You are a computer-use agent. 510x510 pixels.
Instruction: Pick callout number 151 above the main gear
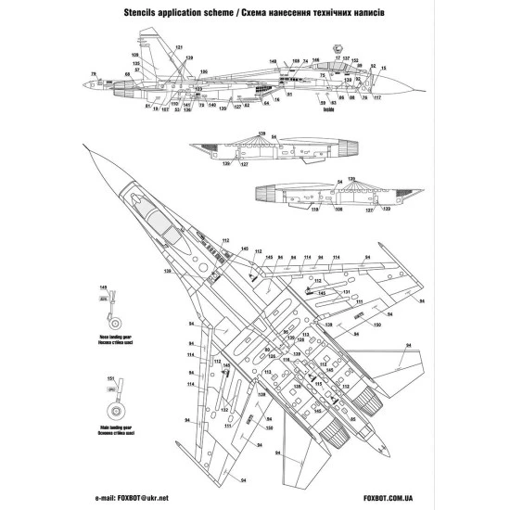111,380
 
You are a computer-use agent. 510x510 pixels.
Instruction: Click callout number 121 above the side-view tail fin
179,47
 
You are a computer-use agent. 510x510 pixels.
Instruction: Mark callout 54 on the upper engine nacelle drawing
339,182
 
